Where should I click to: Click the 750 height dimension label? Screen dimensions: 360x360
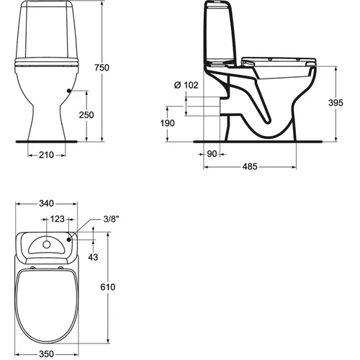pos(102,68)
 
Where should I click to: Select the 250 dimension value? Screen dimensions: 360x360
pos(86,115)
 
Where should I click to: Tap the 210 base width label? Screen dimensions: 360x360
pos(46,155)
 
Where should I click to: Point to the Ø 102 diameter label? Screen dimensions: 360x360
pos(186,85)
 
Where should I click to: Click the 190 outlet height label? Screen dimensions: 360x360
pos(167,123)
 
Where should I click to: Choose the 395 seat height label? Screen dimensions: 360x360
pos(336,103)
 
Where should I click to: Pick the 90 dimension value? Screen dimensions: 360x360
pos(212,154)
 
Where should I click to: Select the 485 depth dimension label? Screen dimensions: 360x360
pos(250,166)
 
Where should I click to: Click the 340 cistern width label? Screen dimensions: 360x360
pos(46,204)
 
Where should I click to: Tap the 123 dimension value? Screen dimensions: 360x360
pos(57,219)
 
